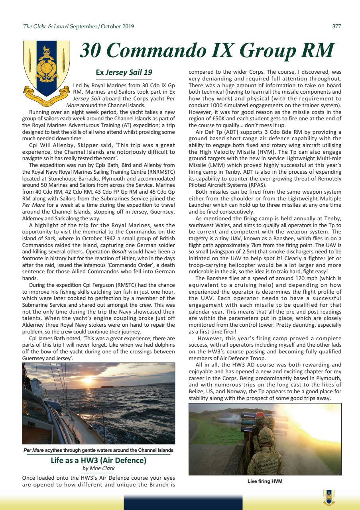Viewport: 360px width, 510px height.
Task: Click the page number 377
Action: click(336, 27)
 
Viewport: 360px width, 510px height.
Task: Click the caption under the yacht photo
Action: click(98, 450)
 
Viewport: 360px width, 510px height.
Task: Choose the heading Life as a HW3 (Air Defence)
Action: click(98, 461)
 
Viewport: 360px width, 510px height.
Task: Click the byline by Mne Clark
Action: click(98, 469)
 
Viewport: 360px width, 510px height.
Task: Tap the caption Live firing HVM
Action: click(264, 481)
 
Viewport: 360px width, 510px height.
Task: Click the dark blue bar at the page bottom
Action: click(183, 502)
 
